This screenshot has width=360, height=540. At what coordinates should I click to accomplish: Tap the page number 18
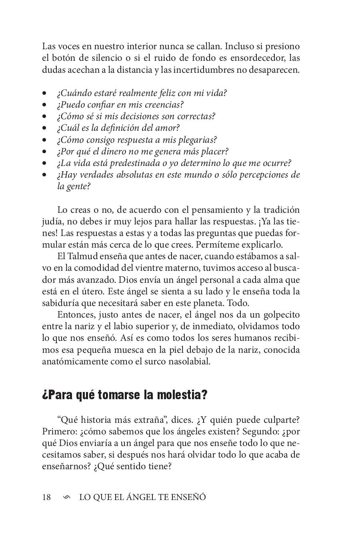46,497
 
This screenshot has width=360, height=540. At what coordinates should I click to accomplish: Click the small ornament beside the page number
67,497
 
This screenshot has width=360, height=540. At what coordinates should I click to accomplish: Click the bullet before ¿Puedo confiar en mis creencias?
44,105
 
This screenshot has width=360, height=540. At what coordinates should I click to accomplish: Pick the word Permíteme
226,244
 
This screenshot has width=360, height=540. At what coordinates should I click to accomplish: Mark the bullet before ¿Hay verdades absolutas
44,175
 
